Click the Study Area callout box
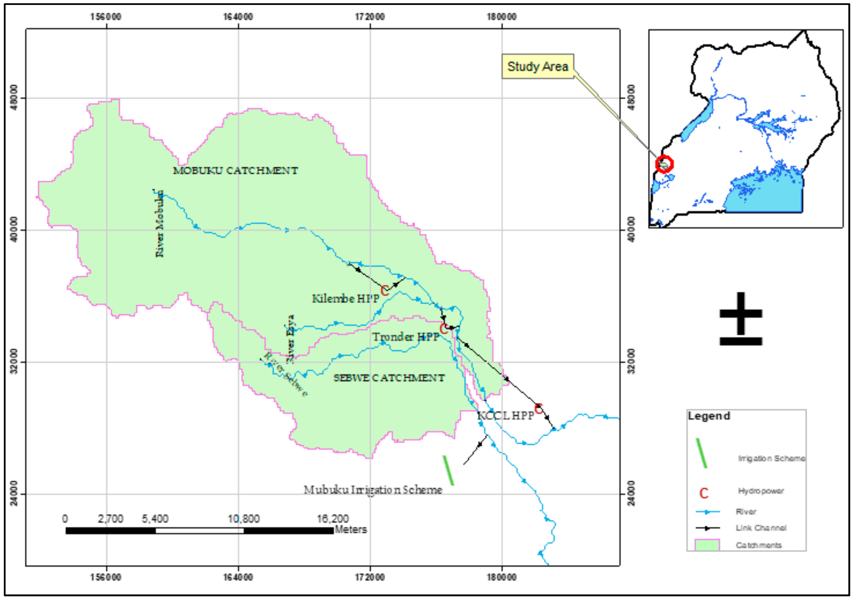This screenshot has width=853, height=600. [537, 66]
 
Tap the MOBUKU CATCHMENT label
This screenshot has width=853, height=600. [235, 171]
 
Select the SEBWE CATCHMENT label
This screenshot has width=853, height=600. [389, 378]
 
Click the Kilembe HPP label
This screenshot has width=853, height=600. [345, 299]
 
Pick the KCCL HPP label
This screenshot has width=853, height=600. [505, 415]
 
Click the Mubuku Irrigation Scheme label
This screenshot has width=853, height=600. [373, 490]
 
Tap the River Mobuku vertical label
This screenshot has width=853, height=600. [159, 224]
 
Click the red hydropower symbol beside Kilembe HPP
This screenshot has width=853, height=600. [385, 290]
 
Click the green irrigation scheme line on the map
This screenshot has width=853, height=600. [448, 470]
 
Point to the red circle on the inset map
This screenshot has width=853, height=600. [664, 164]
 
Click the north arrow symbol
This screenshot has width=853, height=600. [741, 319]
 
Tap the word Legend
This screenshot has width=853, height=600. [709, 416]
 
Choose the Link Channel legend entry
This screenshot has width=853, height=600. [761, 528]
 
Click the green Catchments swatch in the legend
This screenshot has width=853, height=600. [707, 545]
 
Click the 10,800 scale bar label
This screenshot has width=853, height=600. [244, 519]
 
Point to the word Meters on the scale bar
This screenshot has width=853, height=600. [351, 530]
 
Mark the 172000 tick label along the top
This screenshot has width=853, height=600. [370, 17]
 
